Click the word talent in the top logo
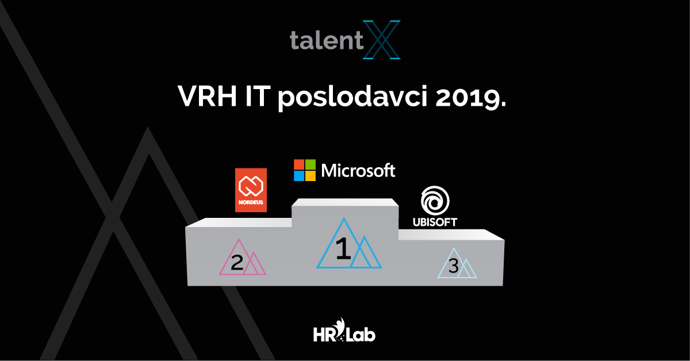(327, 40)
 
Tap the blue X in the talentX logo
(382, 40)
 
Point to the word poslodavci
(352, 97)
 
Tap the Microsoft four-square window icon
(305, 170)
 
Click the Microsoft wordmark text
(358, 170)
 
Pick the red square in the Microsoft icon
(299, 164)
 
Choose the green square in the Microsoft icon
(310, 164)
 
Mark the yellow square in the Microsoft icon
(310, 176)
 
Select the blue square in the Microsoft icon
(299, 176)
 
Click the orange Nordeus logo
(251, 190)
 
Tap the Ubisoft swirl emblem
(435, 201)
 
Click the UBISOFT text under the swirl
(435, 222)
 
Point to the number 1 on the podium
(343, 248)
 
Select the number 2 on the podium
(237, 263)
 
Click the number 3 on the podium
(454, 266)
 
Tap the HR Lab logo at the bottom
(344, 330)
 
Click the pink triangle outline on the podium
(229, 256)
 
